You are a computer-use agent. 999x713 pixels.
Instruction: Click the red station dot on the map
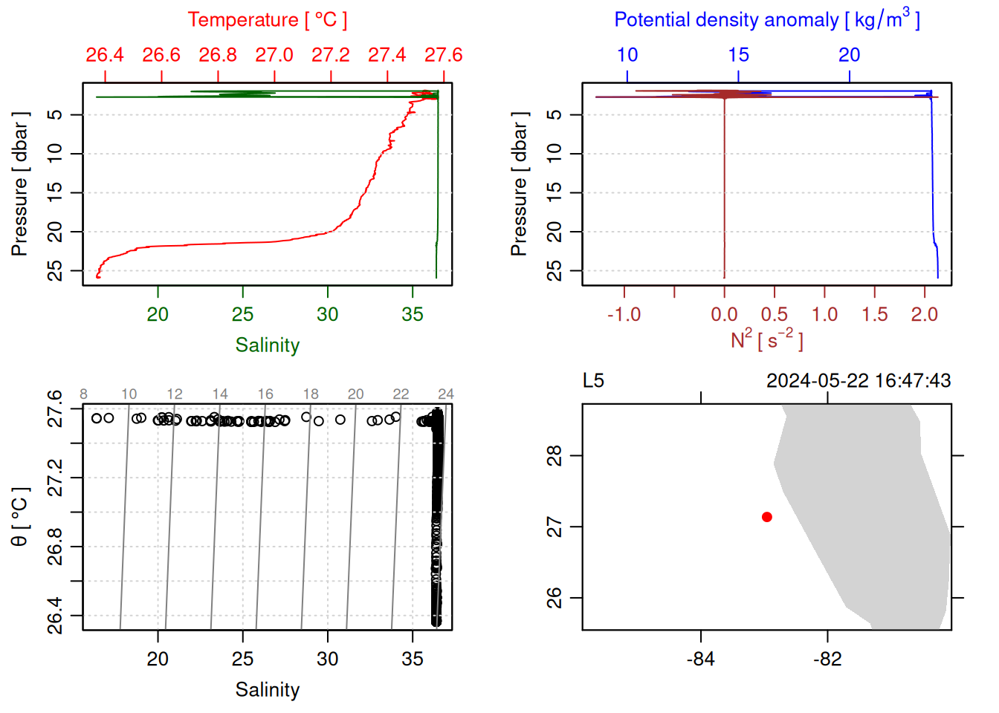coord(766,517)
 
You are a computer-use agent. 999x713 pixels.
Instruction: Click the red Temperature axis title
coord(267,20)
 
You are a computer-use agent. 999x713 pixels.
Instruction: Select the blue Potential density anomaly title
coord(766,20)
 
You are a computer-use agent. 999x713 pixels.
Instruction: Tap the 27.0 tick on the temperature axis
coord(274,55)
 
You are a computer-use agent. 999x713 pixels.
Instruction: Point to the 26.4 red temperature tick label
coord(105,55)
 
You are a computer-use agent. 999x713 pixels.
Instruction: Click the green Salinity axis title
coord(267,345)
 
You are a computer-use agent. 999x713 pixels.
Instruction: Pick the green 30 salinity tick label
coord(327,315)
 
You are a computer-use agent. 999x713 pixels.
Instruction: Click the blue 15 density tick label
coord(738,55)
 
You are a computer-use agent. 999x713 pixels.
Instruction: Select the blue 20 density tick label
coord(849,55)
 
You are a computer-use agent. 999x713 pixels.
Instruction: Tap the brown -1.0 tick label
coord(624,315)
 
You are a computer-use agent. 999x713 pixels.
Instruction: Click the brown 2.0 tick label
coord(924,315)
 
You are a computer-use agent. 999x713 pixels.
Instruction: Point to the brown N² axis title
coord(766,339)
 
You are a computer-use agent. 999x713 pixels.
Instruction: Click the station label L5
coord(593,381)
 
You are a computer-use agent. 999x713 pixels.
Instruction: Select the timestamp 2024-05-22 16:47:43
coord(859,381)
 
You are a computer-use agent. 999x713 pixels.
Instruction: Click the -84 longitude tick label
coord(700,660)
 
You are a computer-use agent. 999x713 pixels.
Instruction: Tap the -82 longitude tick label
coord(827,660)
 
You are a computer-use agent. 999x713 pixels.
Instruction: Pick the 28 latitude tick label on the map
coord(555,455)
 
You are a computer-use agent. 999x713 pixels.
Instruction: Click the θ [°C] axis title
coord(20,517)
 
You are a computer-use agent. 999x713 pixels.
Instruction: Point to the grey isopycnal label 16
coord(265,394)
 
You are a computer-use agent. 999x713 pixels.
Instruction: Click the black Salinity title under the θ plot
coord(267,690)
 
